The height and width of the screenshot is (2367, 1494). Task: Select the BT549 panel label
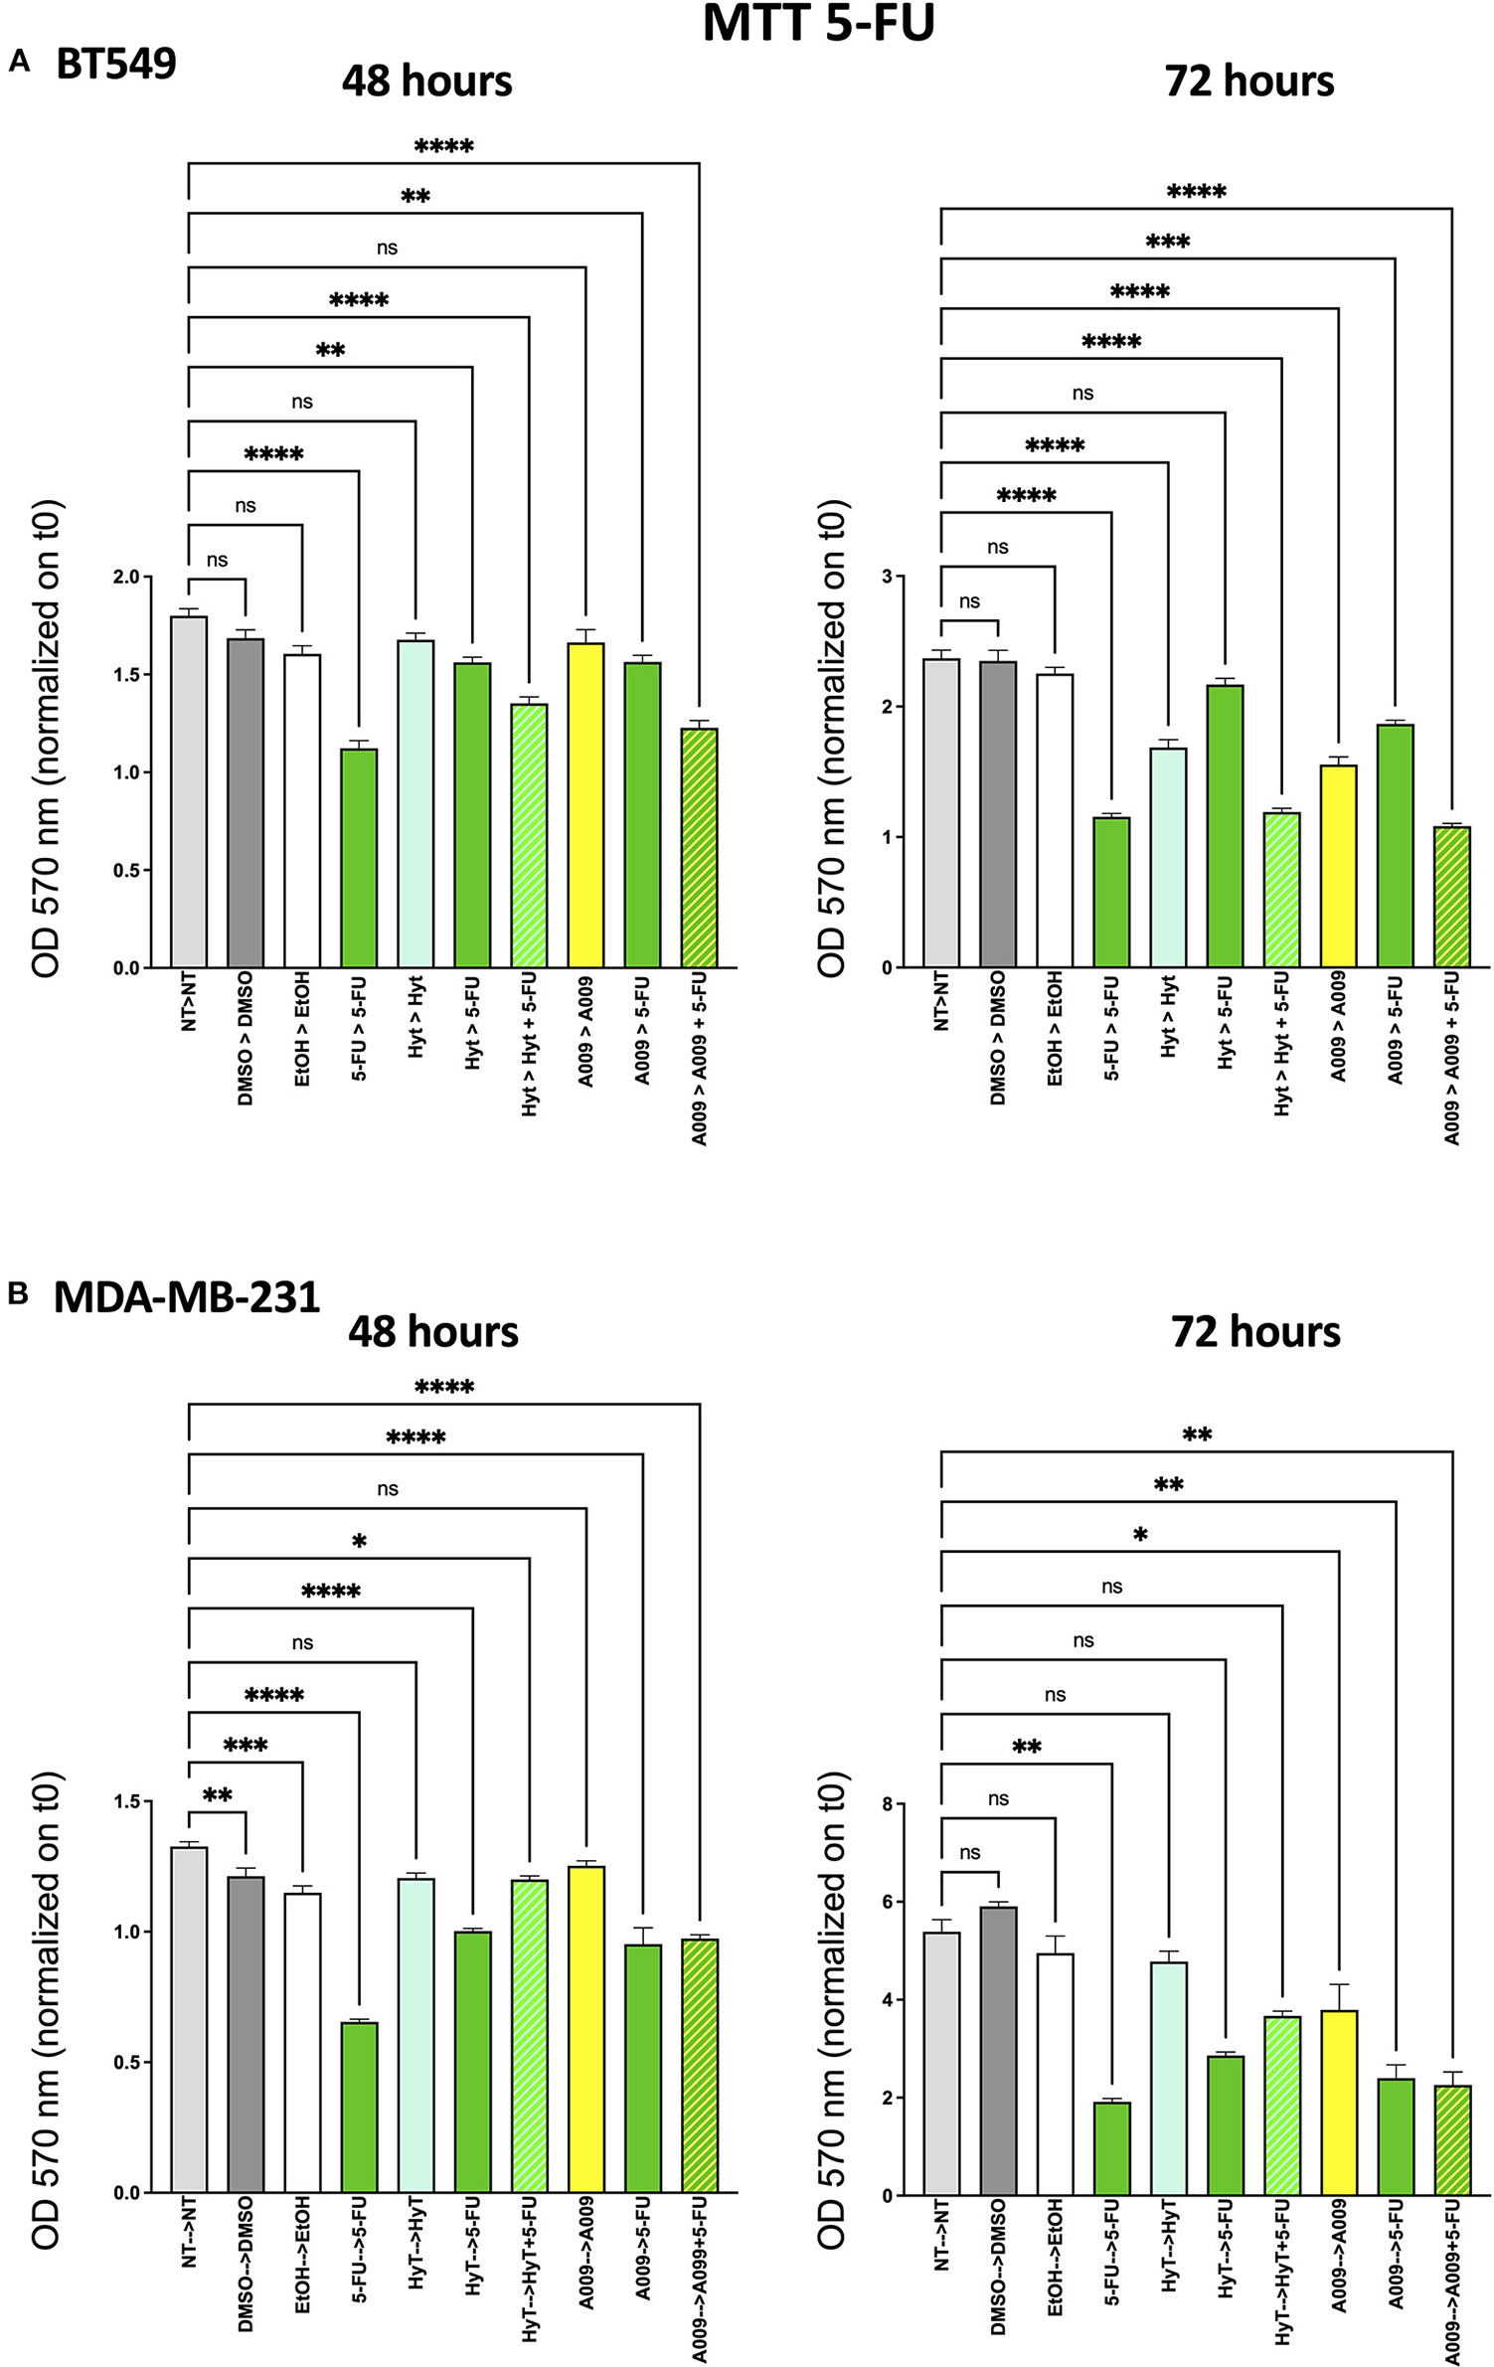point(115,65)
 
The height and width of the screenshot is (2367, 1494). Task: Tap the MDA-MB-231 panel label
point(186,1296)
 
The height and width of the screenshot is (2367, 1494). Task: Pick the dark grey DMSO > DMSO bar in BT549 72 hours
point(997,815)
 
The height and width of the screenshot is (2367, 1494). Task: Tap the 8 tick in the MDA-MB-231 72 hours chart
point(887,1803)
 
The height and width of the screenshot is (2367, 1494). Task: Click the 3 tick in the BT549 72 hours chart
point(887,577)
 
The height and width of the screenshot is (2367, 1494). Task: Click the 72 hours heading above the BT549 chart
point(1248,82)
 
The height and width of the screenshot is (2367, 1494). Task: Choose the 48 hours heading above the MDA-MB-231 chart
point(432,1332)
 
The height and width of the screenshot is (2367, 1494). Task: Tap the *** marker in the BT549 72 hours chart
point(1167,243)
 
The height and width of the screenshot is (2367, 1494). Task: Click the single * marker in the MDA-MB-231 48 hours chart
point(359,1542)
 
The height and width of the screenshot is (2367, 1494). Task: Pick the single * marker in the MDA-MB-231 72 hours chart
point(1140,1536)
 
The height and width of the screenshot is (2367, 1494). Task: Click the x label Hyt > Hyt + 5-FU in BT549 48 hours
point(529,1044)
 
